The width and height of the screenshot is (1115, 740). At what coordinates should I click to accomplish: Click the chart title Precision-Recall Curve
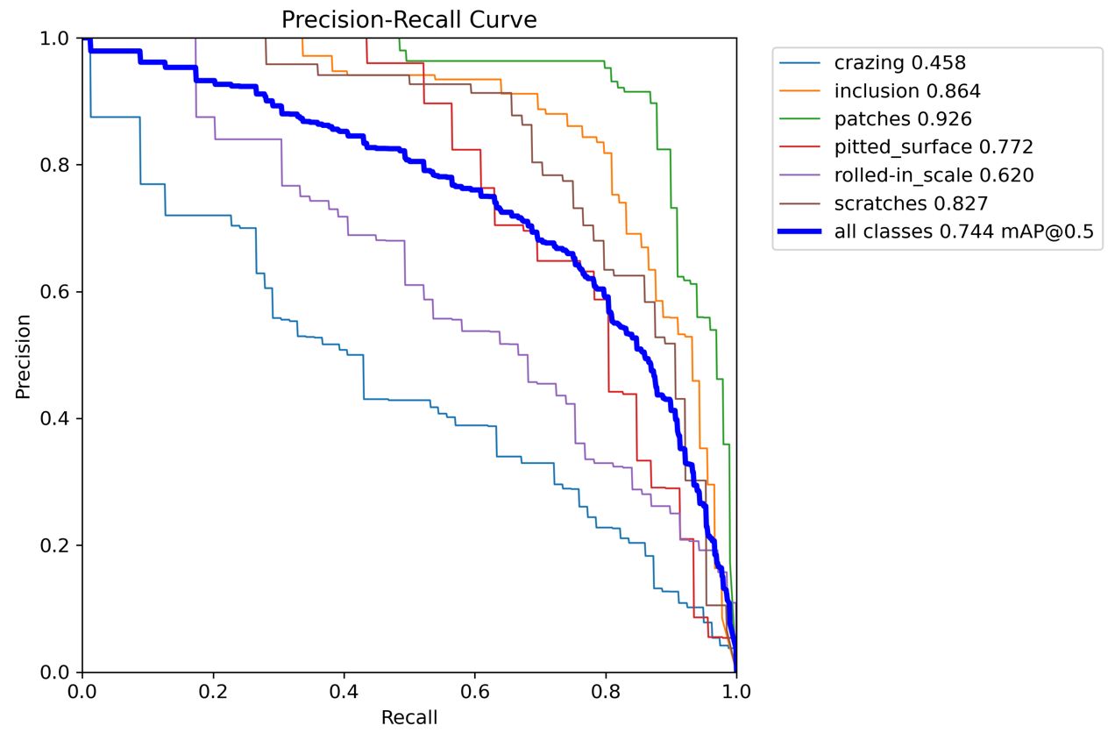tap(408, 19)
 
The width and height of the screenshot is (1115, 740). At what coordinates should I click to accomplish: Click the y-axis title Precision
tap(24, 356)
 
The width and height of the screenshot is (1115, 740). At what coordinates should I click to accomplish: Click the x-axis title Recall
tap(408, 718)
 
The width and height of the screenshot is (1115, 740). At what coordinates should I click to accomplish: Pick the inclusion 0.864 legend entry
tap(907, 90)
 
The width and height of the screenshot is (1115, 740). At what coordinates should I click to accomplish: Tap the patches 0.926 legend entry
tap(903, 118)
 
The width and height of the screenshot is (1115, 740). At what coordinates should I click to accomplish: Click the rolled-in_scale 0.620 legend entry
tap(934, 175)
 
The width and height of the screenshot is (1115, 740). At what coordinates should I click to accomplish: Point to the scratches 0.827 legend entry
tap(911, 203)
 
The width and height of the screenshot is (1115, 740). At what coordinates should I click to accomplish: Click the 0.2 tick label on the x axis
tap(213, 692)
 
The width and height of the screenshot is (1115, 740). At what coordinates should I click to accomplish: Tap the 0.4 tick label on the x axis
tap(344, 692)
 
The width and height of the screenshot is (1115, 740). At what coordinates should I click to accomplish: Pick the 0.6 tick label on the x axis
tap(474, 692)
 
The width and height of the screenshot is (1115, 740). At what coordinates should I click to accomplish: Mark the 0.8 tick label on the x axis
tap(605, 692)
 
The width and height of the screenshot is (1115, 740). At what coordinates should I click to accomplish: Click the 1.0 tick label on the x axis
tap(735, 692)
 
